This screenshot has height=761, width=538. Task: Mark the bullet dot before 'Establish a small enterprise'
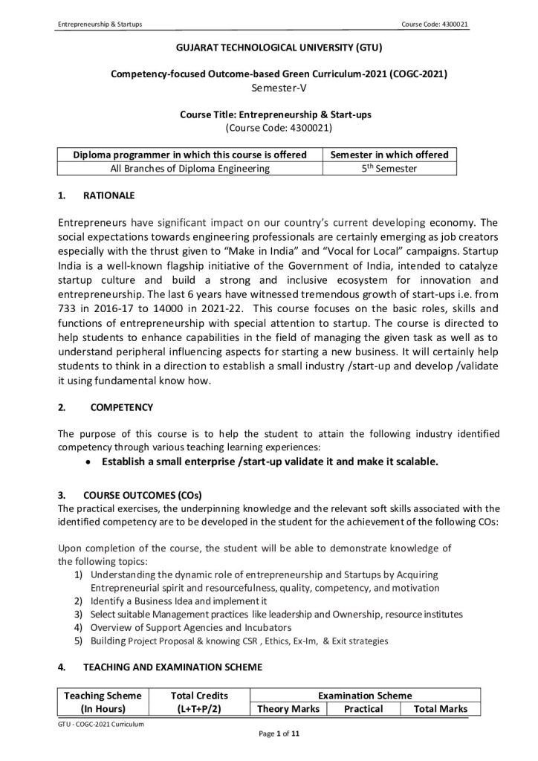pyautogui.click(x=88, y=462)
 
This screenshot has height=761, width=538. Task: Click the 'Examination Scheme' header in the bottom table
pyautogui.click(x=364, y=696)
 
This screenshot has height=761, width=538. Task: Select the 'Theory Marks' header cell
pyautogui.click(x=288, y=709)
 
